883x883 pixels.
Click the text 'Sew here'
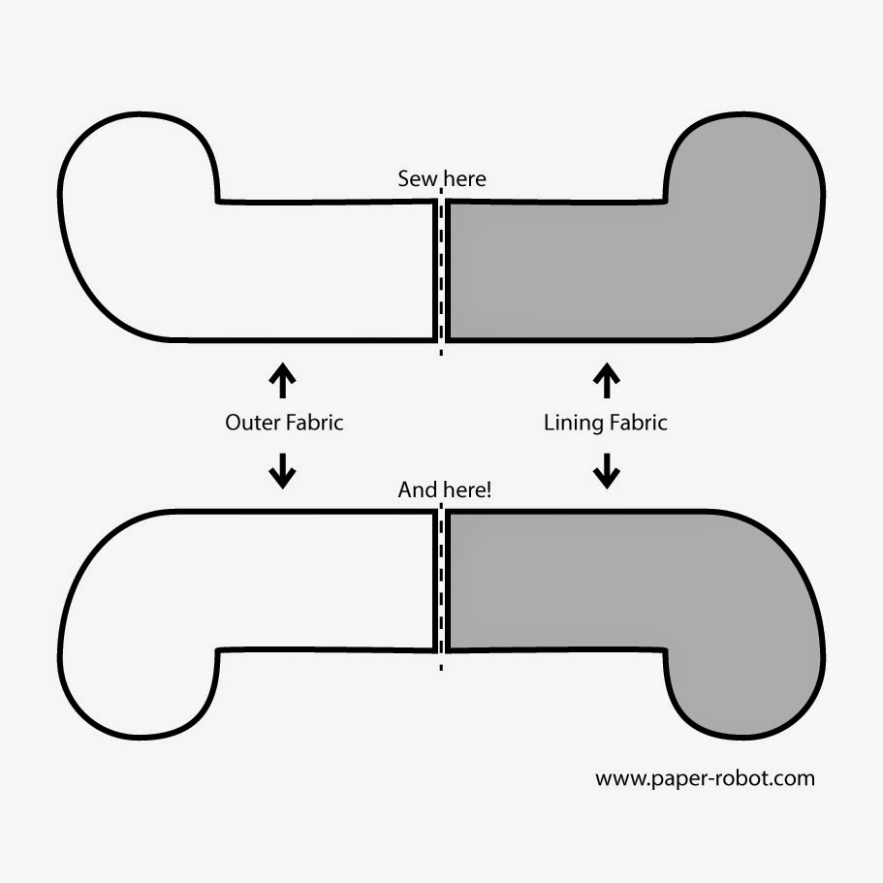point(442,179)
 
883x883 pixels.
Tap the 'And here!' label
point(445,490)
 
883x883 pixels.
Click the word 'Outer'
point(248,423)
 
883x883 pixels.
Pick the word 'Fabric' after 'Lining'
point(636,423)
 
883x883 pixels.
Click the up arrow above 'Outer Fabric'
point(282,381)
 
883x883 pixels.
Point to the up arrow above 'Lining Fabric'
point(607,381)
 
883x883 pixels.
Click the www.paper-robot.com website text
point(705,777)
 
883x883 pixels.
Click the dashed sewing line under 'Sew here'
point(442,271)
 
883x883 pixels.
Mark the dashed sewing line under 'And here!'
point(442,582)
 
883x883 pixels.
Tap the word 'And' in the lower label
point(417,490)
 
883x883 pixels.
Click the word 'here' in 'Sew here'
point(463,179)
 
